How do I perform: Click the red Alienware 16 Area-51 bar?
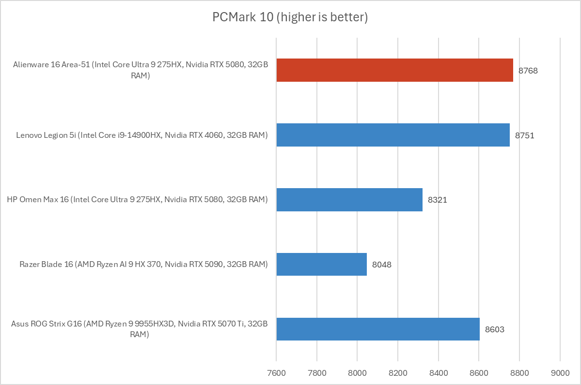pos(394,70)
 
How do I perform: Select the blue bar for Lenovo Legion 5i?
pos(393,135)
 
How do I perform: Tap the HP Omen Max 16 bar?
pos(349,199)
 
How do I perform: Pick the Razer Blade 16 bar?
pos(321,264)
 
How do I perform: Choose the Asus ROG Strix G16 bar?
pos(378,329)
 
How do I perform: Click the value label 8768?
pos(528,71)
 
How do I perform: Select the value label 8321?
pos(437,200)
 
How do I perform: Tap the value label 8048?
pos(382,265)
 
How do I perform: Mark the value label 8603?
pos(495,329)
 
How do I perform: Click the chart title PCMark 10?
pos(290,17)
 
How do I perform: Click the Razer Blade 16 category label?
pos(143,265)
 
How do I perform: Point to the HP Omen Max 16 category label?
pos(137,200)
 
